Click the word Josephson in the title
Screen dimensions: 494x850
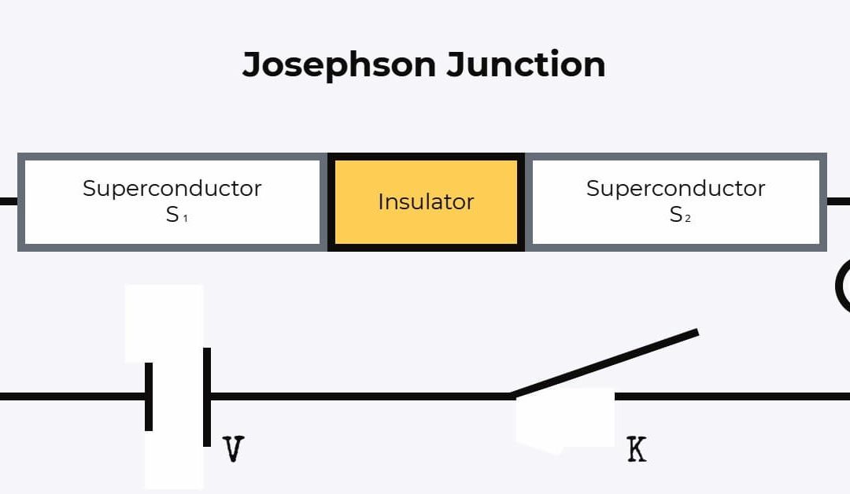pyautogui.click(x=339, y=65)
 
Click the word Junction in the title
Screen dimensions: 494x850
pyautogui.click(x=526, y=65)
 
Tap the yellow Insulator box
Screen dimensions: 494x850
pyautogui.click(x=426, y=202)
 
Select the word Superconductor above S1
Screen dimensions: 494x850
pyautogui.click(x=172, y=189)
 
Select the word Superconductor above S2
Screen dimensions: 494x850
pyautogui.click(x=675, y=189)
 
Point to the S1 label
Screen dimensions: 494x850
pyautogui.click(x=176, y=215)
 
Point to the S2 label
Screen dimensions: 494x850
pyautogui.click(x=680, y=215)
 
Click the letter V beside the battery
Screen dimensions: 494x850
pyautogui.click(x=232, y=450)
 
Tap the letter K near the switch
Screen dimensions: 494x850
pyautogui.click(x=636, y=450)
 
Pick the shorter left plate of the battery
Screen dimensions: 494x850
pyautogui.click(x=149, y=396)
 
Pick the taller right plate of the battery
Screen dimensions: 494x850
pyautogui.click(x=207, y=396)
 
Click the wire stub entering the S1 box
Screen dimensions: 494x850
pyautogui.click(x=8, y=201)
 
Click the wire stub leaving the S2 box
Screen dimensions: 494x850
pyautogui.click(x=839, y=201)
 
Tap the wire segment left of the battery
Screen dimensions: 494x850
pyautogui.click(x=71, y=396)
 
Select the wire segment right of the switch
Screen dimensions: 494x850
pyautogui.click(x=732, y=396)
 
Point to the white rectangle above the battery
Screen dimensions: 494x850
pyautogui.click(x=164, y=323)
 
